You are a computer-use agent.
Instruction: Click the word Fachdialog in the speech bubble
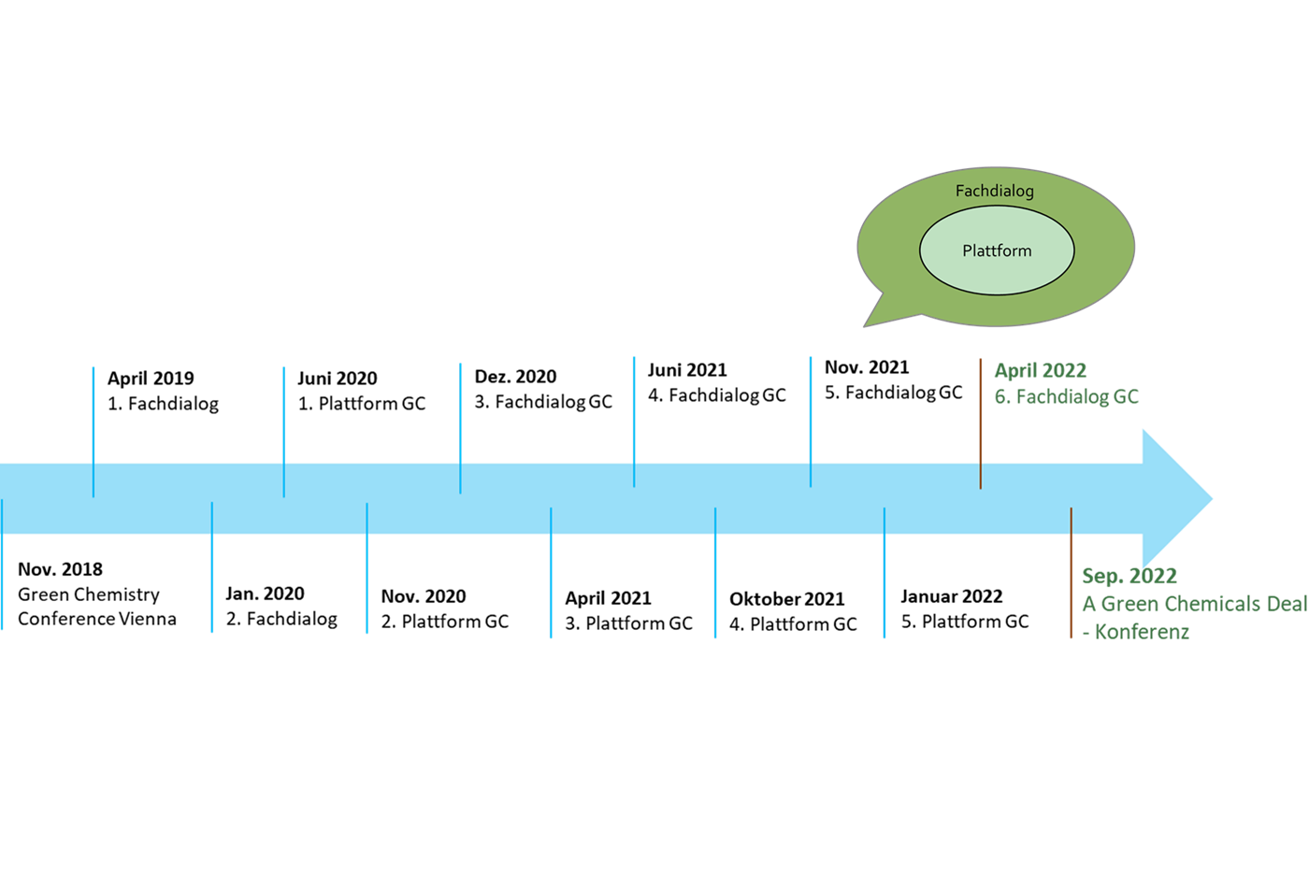coord(994,191)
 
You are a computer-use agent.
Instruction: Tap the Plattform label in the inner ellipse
coord(997,250)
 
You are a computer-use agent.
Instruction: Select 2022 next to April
coord(1064,371)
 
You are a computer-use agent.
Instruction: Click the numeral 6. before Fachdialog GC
coord(1002,397)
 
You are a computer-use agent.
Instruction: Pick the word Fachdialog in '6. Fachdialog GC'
coord(1062,397)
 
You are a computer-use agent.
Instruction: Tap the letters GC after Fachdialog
coord(1126,397)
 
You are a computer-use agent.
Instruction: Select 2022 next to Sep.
coord(1154,576)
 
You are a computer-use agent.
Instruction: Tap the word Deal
coord(1287,604)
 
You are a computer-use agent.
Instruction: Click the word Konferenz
coord(1143,632)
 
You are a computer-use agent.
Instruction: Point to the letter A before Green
coord(1089,604)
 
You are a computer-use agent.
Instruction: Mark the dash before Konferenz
coord(1086,633)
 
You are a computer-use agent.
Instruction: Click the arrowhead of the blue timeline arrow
coord(1176,498)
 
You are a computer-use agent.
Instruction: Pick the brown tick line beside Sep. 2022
coord(1071,572)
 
